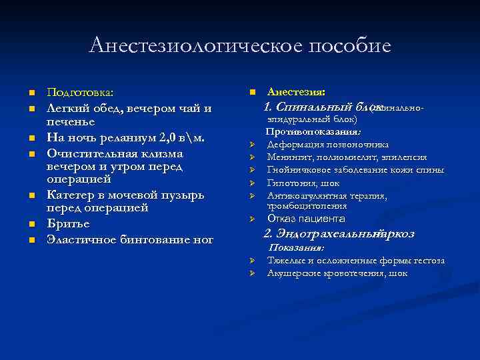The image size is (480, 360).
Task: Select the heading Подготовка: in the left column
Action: (80, 92)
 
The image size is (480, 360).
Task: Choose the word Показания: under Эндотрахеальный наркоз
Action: (296, 247)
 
